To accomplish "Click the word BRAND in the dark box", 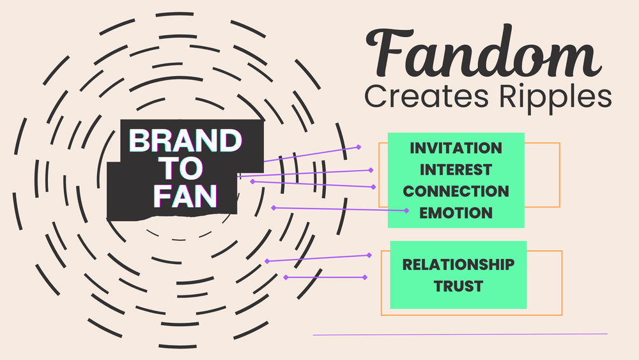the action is coord(183,141).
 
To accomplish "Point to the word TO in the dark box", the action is coord(183,169).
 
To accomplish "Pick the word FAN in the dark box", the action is coord(183,196).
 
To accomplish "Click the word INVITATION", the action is coord(456,148).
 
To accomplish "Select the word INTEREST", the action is coord(456,169).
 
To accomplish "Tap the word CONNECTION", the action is coord(456,191).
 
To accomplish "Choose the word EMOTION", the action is coord(456,213).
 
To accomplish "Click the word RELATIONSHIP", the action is coord(458,264).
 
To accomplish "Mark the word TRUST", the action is coord(458,286).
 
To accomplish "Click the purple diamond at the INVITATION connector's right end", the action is coord(359,147).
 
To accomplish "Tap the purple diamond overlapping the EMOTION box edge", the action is coord(407,210).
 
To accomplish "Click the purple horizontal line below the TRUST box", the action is coord(460,334).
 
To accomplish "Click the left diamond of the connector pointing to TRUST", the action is coord(286,277).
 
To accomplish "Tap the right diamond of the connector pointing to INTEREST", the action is coord(371,170).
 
